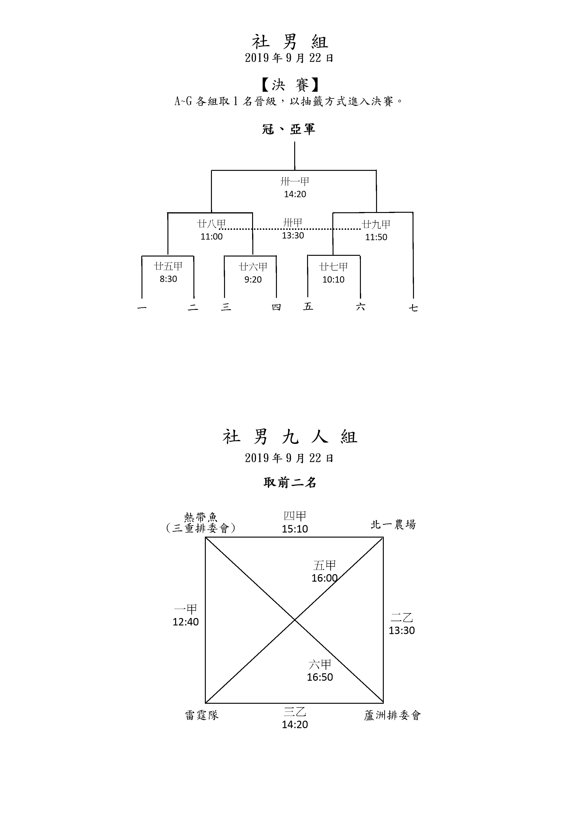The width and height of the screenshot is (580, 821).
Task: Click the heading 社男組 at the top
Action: tap(290, 42)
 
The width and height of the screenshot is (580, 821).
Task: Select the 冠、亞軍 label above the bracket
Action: tap(289, 129)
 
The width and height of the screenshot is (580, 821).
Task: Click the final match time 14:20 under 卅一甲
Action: tap(295, 194)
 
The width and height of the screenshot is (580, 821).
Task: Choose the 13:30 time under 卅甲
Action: tap(293, 235)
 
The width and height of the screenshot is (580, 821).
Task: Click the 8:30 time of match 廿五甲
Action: tap(168, 279)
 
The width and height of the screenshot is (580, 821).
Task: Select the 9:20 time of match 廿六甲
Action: tap(253, 280)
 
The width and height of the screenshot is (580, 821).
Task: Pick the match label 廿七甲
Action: tap(333, 267)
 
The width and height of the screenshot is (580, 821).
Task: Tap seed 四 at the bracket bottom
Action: tap(276, 307)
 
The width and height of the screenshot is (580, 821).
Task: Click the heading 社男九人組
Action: tap(290, 437)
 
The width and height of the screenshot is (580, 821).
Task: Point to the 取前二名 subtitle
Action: tap(290, 483)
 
